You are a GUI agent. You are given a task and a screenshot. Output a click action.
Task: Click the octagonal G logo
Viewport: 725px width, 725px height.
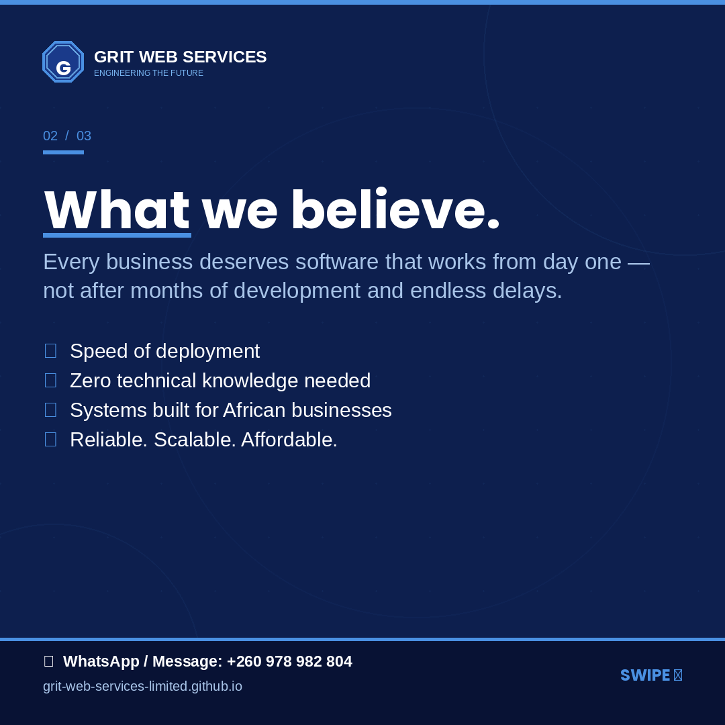point(63,62)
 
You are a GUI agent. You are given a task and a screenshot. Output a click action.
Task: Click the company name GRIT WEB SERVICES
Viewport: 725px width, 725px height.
point(180,57)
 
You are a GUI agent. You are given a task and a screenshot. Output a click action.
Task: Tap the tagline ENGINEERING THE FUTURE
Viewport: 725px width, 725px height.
point(148,73)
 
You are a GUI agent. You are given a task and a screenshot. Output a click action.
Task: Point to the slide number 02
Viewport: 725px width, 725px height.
point(50,136)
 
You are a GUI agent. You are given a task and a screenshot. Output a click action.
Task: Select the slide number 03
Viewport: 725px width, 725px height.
point(84,136)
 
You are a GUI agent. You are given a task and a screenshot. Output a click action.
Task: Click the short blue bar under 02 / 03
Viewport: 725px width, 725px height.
point(63,152)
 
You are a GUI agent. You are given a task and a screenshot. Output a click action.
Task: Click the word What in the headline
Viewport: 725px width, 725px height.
point(117,211)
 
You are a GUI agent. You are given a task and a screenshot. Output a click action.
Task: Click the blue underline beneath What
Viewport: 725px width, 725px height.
point(117,235)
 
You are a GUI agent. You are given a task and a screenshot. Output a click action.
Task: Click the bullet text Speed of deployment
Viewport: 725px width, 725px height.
point(164,351)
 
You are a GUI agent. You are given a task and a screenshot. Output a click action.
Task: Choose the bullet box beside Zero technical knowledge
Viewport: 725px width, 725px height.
point(50,380)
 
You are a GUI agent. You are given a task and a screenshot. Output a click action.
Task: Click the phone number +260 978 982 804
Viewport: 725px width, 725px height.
point(289,662)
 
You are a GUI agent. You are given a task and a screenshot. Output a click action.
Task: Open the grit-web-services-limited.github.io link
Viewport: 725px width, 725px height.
point(142,686)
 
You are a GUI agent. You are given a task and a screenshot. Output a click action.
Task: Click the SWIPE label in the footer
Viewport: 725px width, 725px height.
point(645,675)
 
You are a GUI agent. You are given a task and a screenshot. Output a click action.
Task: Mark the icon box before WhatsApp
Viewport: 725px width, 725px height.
point(48,661)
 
